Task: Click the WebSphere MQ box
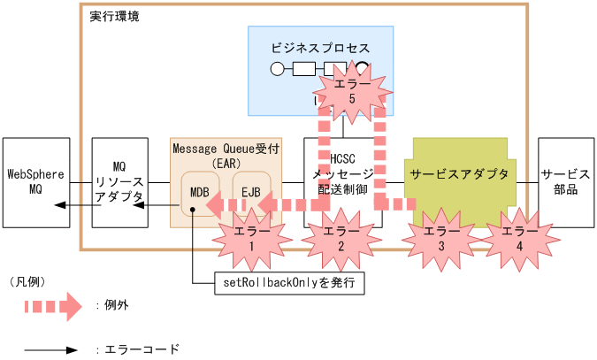tap(35, 181)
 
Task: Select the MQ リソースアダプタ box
tap(119, 181)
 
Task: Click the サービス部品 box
tap(565, 181)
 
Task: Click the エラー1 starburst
tap(253, 238)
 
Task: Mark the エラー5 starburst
tap(351, 92)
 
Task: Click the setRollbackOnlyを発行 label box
tap(290, 283)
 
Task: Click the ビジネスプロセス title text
tap(320, 48)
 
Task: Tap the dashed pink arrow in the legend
tap(54, 306)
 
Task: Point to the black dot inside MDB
tap(191, 210)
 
